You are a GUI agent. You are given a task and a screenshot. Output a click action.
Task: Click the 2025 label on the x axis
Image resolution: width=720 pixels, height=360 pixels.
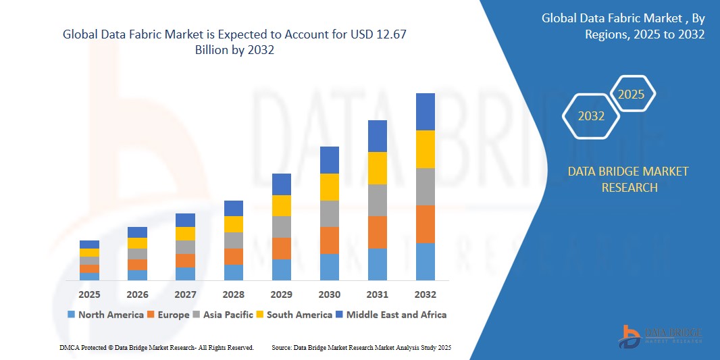[x=89, y=294]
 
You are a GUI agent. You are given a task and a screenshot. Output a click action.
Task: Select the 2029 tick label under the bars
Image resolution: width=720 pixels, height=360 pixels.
[x=282, y=294]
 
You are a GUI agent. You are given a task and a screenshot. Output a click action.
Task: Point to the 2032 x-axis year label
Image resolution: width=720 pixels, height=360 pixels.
[x=426, y=294]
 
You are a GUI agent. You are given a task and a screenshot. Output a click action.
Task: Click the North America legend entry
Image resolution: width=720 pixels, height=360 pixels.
[x=105, y=315]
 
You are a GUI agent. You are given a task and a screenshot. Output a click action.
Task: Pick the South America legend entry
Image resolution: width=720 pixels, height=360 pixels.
[x=294, y=315]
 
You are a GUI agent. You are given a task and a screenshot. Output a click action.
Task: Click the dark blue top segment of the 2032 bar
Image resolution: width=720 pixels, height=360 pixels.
[x=426, y=111]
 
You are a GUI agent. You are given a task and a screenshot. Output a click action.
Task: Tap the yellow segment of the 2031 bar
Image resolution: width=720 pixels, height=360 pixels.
[x=378, y=168]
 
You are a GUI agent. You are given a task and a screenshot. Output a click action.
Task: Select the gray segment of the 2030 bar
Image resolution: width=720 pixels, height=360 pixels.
[x=330, y=213]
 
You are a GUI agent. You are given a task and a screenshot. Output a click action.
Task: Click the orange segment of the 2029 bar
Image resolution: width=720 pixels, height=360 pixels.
[x=282, y=248]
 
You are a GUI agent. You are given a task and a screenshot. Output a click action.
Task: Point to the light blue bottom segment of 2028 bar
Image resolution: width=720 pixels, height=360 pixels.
[x=234, y=272]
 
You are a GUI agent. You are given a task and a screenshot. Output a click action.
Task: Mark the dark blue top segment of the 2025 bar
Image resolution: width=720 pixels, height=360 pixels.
[x=89, y=245]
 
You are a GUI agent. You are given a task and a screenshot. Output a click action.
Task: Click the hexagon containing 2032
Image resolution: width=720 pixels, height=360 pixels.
[x=591, y=116]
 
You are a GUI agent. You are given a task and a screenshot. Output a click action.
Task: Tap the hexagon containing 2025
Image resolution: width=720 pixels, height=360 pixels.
[x=632, y=95]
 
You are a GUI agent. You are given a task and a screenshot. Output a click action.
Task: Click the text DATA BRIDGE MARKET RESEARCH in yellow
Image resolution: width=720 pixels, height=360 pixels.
[x=628, y=179]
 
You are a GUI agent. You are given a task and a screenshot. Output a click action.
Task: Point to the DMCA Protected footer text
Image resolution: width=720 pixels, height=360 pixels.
[x=157, y=347]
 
